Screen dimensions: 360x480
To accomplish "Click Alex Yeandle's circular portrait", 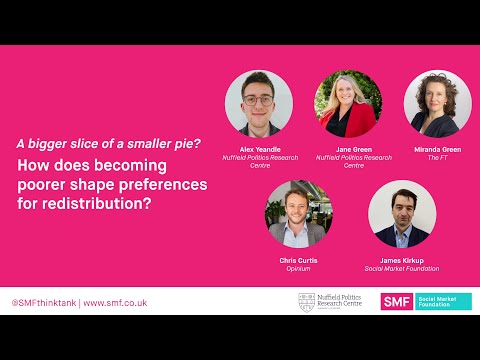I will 259,105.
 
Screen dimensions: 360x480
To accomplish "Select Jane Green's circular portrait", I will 348,105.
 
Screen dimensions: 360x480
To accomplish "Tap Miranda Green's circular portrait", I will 437,105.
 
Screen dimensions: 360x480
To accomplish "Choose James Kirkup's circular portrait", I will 402,214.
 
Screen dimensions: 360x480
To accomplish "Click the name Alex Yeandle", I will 259,150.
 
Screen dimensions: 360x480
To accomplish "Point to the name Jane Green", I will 348,150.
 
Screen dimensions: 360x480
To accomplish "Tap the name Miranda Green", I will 437,150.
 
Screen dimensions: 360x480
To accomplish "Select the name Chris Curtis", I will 299,260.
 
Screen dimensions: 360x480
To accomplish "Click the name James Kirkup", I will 402,260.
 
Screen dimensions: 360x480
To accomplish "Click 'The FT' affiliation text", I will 437,158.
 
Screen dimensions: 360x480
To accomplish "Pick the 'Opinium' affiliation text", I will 299,268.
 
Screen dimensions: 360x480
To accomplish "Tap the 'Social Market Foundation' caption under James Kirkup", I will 402,268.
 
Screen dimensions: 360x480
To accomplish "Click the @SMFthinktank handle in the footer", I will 43,302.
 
